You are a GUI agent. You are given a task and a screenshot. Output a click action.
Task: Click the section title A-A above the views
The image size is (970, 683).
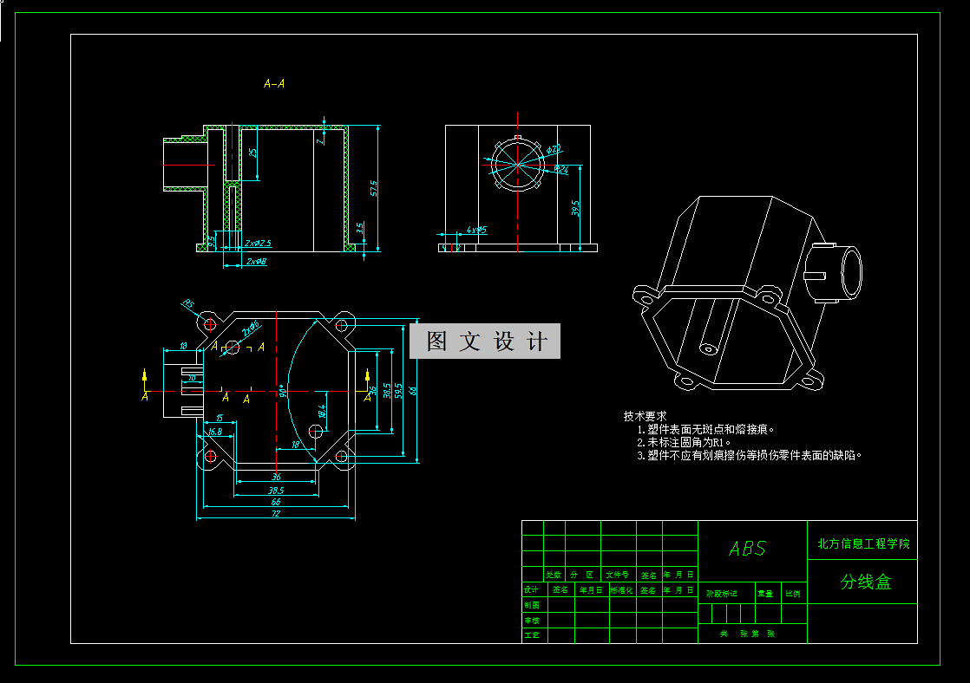[274, 84]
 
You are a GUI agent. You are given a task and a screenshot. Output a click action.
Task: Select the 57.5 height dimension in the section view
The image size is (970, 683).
[373, 188]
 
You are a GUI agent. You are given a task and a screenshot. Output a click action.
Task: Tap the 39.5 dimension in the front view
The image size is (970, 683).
[575, 209]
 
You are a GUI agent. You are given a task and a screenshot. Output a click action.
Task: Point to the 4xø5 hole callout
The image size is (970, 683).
[476, 230]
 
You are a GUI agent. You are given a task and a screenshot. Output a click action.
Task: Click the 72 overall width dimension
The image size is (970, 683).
[276, 514]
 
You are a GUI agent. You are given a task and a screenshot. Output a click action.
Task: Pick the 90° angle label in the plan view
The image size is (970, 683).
[283, 391]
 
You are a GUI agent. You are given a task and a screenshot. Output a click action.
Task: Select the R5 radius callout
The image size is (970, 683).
[188, 304]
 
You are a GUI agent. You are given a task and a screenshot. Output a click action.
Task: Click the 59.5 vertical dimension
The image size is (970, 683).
[398, 391]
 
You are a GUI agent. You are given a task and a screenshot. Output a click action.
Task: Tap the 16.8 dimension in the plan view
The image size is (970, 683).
[214, 431]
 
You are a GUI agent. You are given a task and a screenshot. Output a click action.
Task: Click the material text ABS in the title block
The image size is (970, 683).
[747, 549]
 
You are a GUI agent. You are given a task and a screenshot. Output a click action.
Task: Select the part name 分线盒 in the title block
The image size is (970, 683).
[865, 582]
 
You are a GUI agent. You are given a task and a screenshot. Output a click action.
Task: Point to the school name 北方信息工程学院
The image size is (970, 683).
[863, 544]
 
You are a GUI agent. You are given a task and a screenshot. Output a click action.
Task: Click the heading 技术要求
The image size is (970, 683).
[645, 416]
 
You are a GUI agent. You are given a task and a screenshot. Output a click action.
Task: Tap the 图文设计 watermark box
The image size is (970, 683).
[485, 341]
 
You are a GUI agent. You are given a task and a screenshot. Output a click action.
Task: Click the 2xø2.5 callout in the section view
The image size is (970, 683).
[259, 244]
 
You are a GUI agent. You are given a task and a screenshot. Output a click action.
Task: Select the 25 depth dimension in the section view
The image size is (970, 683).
[252, 153]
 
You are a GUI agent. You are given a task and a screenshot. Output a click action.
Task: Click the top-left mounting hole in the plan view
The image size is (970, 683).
[209, 324]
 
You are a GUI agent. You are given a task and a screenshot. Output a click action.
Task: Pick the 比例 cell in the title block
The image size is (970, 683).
[793, 594]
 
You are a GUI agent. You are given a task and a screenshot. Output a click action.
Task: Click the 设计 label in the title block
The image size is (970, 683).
[532, 589]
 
